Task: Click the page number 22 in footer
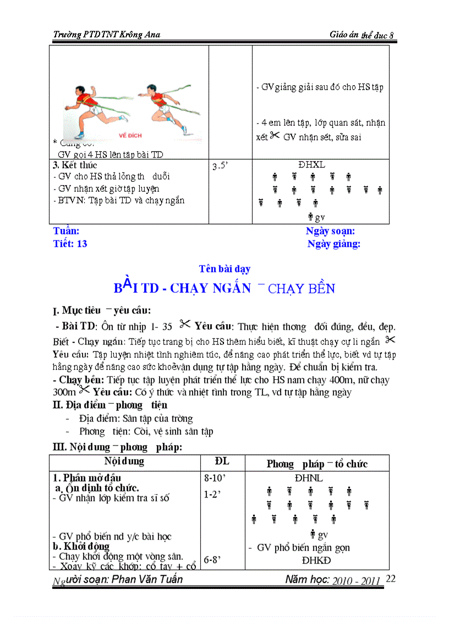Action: tap(391, 579)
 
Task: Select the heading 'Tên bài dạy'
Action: tap(225, 269)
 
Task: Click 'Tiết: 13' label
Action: tap(70, 244)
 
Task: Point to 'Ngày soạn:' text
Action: tap(330, 232)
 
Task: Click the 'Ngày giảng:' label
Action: tap(333, 244)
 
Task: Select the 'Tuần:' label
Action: tap(66, 232)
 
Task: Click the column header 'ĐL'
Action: tap(222, 461)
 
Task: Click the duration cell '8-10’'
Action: tap(215, 478)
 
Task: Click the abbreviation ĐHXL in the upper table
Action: tap(311, 165)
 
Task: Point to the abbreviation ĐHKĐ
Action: tap(316, 560)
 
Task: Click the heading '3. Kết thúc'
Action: tap(75, 165)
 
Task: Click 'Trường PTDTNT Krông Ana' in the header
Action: tap(107, 35)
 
